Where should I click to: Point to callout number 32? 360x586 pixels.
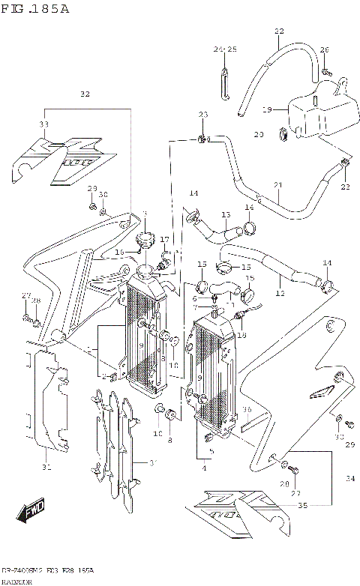[85, 94]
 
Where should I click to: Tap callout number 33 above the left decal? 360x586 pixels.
[43, 124]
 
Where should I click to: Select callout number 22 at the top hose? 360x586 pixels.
[279, 31]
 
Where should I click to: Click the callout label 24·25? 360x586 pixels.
[224, 49]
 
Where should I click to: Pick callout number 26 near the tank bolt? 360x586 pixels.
[324, 49]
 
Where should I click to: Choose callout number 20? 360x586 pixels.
[259, 135]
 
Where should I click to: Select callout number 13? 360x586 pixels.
[225, 215]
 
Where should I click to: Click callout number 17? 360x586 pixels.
[164, 240]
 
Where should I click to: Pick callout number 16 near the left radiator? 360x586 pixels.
[118, 252]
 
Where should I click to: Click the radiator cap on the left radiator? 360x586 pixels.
[144, 241]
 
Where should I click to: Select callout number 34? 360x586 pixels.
[349, 478]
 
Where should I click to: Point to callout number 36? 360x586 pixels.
[246, 410]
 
